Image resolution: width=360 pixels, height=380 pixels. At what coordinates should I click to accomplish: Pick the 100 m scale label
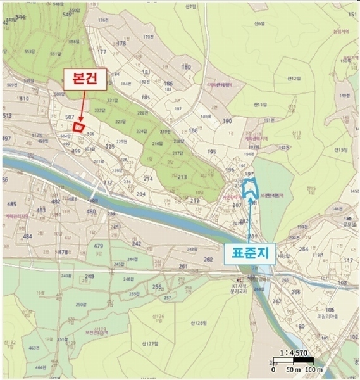[x=314, y=369]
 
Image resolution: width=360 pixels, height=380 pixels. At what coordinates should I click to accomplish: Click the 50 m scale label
[x=293, y=369]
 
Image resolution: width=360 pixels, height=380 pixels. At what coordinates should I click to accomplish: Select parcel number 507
[x=70, y=117]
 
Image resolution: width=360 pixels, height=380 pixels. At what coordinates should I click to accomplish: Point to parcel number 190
[x=227, y=120]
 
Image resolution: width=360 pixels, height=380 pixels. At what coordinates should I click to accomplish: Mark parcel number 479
[x=98, y=245]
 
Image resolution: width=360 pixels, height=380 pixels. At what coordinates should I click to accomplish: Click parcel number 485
[x=11, y=204]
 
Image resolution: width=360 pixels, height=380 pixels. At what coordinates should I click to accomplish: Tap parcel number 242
[x=136, y=243]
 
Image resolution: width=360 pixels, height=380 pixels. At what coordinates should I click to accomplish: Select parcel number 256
[x=157, y=287]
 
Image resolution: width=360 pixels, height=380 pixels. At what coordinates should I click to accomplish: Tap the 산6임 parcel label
[x=258, y=23]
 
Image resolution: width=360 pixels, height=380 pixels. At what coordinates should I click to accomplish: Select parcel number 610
[x=24, y=99]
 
